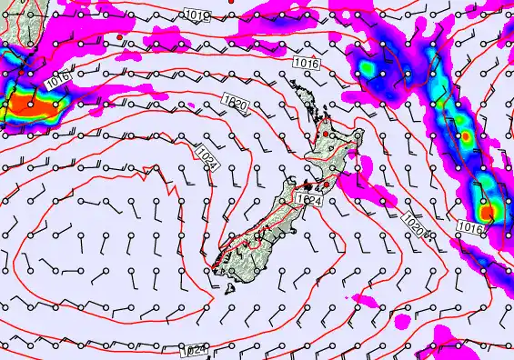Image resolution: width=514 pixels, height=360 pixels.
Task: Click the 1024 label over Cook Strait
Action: tap(309, 199)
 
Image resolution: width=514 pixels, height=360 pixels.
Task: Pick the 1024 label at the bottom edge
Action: tap(192, 351)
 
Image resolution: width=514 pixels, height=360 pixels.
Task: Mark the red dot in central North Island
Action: tap(325, 135)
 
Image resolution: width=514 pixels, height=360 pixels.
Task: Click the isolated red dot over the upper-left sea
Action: tap(119, 36)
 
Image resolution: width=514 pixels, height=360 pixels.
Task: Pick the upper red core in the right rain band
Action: tap(466, 136)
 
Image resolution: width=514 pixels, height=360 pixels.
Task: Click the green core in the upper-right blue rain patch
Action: tap(372, 68)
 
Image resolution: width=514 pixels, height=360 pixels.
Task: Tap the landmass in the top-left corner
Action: tap(11, 27)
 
